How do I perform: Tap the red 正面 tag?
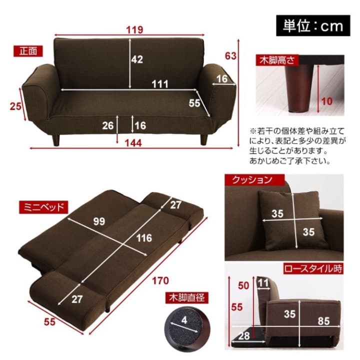[x=28, y=51]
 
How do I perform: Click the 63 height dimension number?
[x=230, y=56]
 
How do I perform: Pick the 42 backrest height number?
[x=137, y=59]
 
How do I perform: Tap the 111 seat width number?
[x=160, y=83]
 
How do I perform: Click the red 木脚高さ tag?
[x=278, y=61]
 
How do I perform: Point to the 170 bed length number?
[x=161, y=280]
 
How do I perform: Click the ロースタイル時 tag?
[x=313, y=268]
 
